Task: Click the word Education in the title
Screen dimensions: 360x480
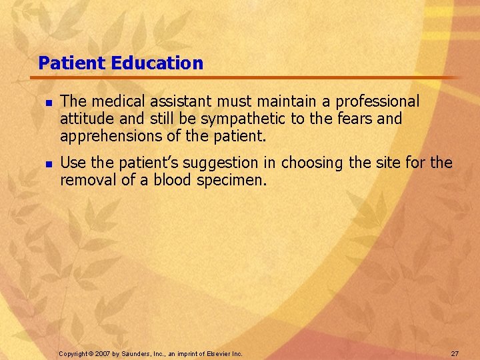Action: (x=157, y=63)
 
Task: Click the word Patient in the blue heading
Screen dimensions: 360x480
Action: (x=73, y=63)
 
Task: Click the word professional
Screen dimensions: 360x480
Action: (x=377, y=101)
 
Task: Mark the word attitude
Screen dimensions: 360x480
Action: (x=83, y=119)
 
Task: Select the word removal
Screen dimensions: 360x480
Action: (x=84, y=180)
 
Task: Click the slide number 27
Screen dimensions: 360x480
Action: (x=455, y=353)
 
